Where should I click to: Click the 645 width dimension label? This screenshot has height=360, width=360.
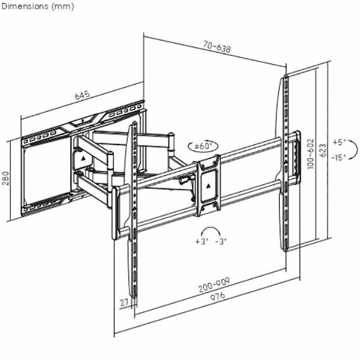(x=82, y=95)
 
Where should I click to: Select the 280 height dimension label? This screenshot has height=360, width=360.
(x=5, y=179)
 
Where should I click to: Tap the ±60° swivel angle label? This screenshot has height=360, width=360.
(x=203, y=145)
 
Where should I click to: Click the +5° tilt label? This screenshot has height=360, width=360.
(x=340, y=143)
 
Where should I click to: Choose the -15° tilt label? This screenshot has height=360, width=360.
(x=339, y=157)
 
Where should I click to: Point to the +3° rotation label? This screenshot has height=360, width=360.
(x=200, y=241)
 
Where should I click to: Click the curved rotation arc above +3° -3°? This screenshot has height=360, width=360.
(x=210, y=231)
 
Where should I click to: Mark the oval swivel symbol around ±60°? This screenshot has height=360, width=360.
(x=203, y=145)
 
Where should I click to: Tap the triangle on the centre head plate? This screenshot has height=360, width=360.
(x=209, y=184)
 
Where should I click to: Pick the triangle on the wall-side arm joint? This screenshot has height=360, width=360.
(x=82, y=159)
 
